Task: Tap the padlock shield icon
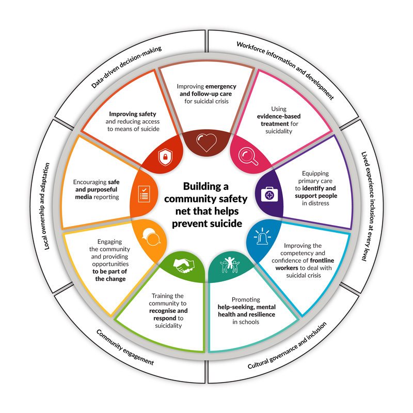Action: [x=164, y=157]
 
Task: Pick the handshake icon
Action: [x=183, y=265]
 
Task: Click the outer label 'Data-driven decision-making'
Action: [x=126, y=67]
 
